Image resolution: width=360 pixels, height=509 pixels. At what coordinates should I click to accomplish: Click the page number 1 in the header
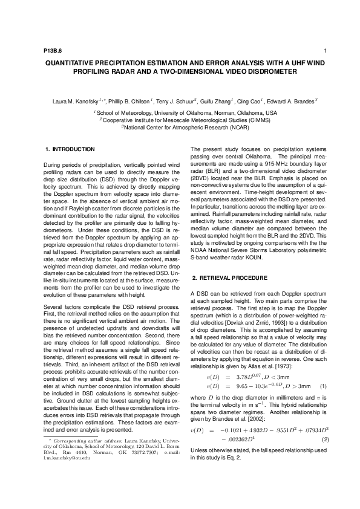click(x=326, y=51)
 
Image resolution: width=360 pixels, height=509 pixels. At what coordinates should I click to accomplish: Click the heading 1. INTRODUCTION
click(x=70, y=149)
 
